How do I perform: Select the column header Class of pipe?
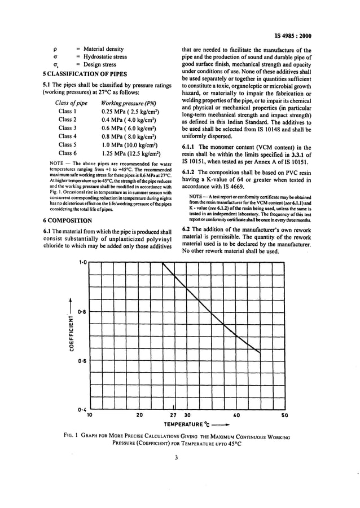click(x=71, y=103)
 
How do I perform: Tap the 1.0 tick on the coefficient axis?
click(x=82, y=262)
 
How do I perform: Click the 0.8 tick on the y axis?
click(x=82, y=312)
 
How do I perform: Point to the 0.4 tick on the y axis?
click(x=82, y=409)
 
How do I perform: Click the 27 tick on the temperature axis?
click(x=173, y=416)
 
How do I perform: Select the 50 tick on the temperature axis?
click(x=284, y=416)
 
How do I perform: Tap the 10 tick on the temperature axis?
click(x=89, y=416)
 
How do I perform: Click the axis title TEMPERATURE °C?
click(x=187, y=424)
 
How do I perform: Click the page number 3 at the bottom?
click(x=176, y=457)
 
